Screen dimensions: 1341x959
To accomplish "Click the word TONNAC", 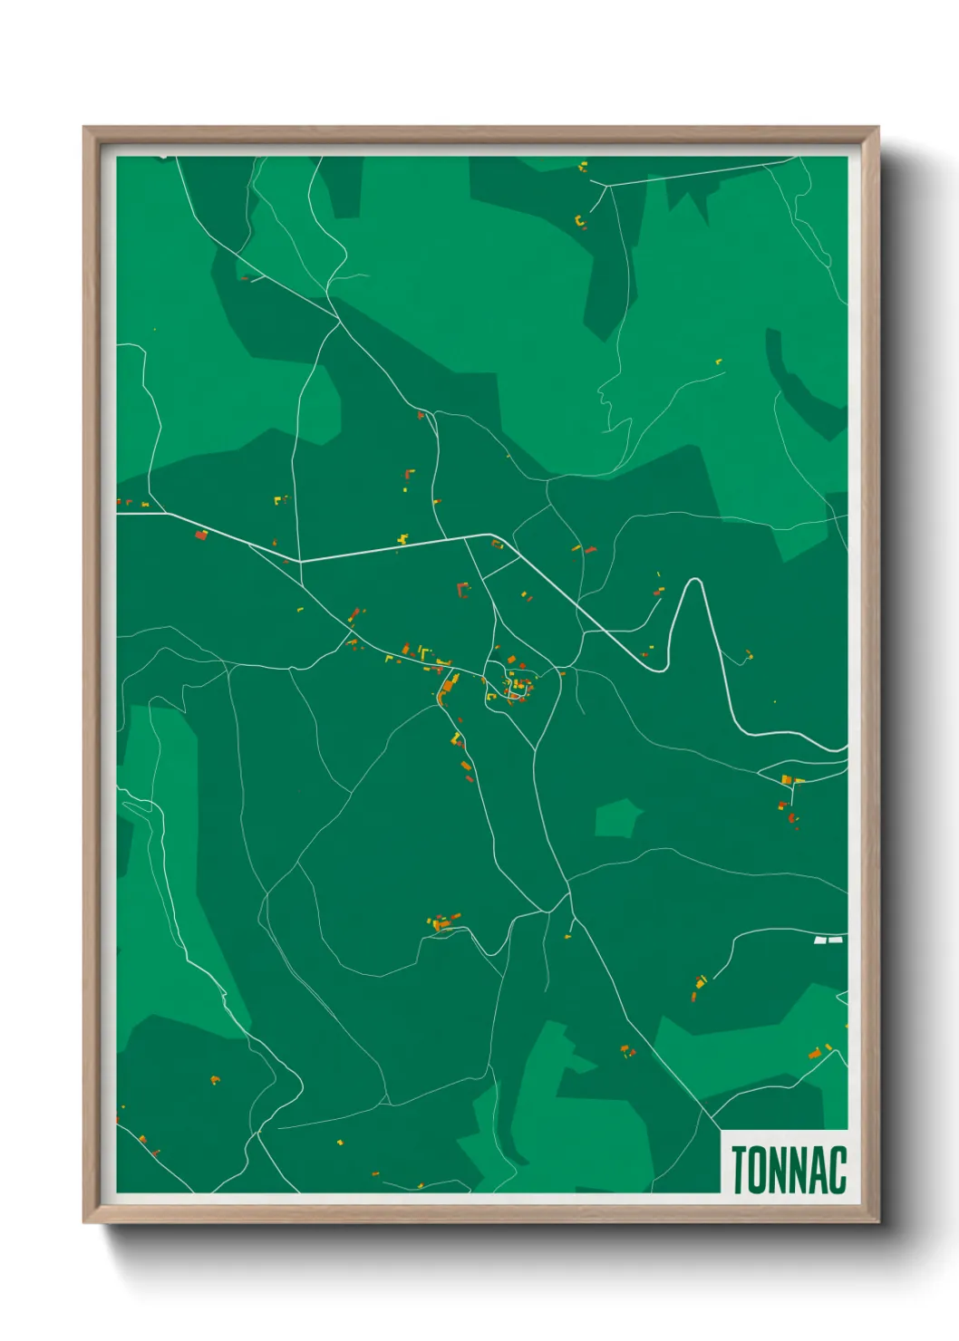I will (788, 1170).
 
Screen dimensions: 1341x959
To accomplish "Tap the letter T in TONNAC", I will (739, 1170).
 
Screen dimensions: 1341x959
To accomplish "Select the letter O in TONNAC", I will (758, 1170).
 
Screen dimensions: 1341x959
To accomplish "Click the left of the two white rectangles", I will (820, 941).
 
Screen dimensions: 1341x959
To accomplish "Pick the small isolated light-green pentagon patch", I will (617, 817).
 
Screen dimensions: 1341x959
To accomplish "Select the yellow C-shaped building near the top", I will (579, 220).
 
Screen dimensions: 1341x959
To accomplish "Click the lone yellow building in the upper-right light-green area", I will (719, 362).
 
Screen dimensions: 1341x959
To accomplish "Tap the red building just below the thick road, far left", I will (201, 535).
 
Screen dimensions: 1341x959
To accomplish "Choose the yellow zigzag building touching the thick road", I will (402, 539).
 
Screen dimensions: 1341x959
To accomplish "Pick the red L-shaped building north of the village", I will (463, 591).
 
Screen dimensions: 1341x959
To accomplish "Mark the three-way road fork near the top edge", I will (605, 186).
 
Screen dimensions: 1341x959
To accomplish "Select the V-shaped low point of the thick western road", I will (299, 561).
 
